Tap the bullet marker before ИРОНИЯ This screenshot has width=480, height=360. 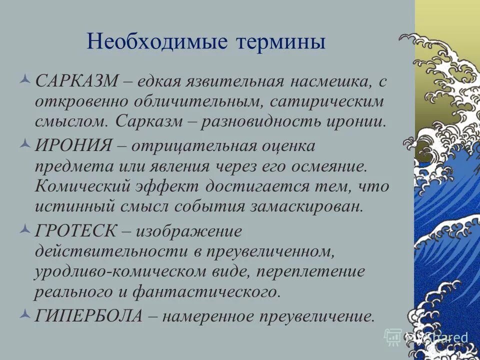tap(27, 144)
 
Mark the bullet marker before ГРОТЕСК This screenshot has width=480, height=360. tap(27, 229)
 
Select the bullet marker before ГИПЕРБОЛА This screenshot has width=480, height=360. tap(27, 314)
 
